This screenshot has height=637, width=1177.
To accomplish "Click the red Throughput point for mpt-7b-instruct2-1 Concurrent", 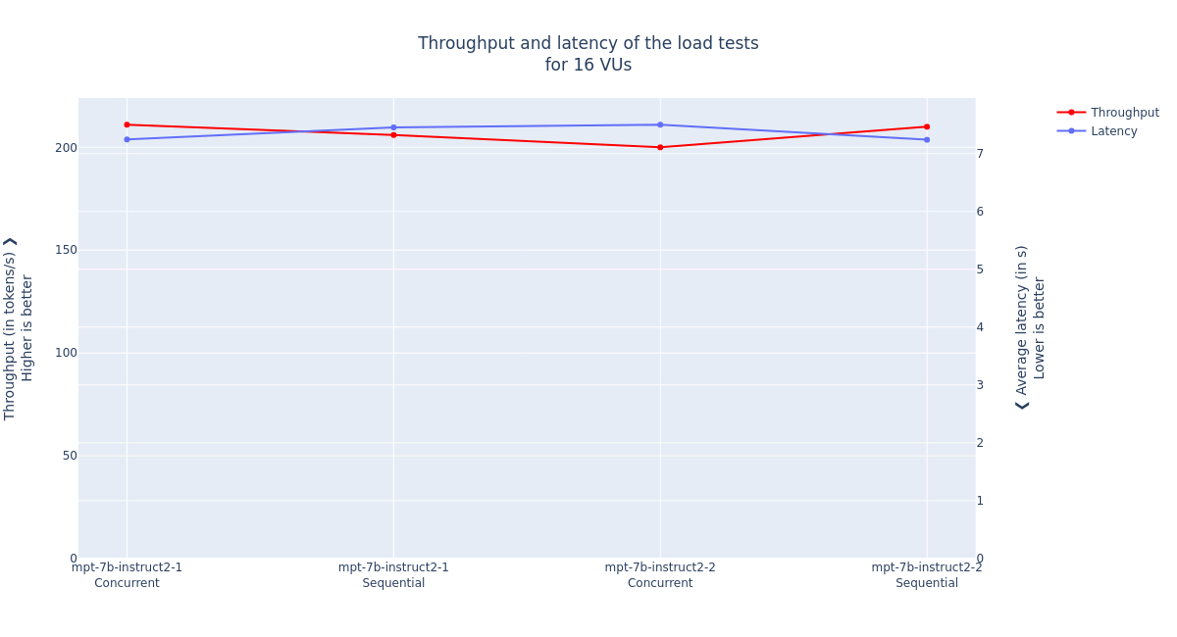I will pos(127,124).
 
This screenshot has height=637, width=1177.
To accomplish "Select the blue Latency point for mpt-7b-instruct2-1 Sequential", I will pos(393,127).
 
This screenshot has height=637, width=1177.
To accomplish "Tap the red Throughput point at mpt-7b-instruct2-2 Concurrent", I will pos(660,147).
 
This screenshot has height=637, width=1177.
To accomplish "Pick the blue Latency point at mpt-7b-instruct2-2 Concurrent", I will pos(660,124).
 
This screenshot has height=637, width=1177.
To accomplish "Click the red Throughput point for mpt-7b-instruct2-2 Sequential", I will pos(927,126).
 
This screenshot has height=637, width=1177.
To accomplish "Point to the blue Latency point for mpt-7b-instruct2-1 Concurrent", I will pos(127,139).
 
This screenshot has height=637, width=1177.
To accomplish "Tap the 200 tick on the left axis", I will pos(66,148).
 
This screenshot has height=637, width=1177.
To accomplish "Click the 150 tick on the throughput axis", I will pos(66,250).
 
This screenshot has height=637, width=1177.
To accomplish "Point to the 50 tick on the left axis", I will pos(70,456).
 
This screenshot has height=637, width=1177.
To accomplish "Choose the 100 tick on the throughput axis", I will pos(66,353).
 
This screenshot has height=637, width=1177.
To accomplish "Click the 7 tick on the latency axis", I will pos(979,154).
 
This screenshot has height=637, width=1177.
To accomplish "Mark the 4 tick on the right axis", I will pos(979,327).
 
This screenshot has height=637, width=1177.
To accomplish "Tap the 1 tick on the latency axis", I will pos(979,501).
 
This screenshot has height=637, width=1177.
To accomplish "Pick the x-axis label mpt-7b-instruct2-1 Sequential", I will pos(393,575).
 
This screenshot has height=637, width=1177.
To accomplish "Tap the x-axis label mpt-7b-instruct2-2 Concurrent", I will pos(660,575).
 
